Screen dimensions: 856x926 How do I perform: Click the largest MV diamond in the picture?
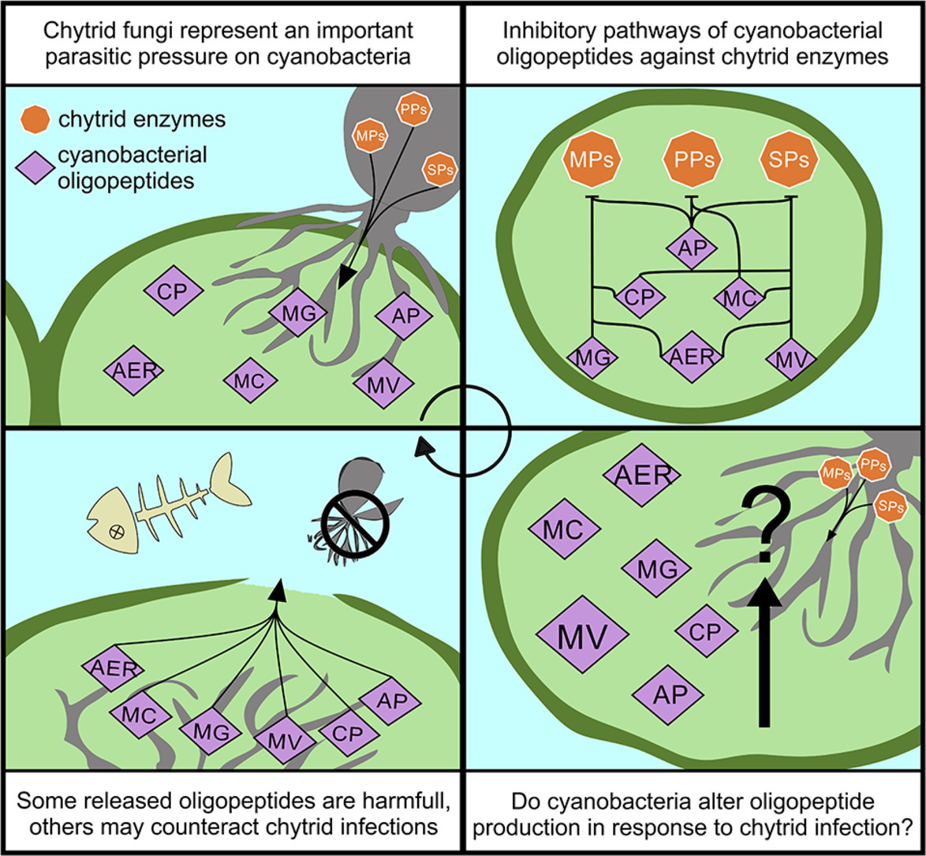point(582,634)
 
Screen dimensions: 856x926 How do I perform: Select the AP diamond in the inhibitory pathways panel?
point(691,246)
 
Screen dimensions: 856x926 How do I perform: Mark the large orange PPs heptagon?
point(691,159)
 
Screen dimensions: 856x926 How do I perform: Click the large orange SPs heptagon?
point(790,159)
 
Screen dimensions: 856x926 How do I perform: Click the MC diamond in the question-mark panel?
point(563,529)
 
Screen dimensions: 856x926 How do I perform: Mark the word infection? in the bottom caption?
point(872,827)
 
